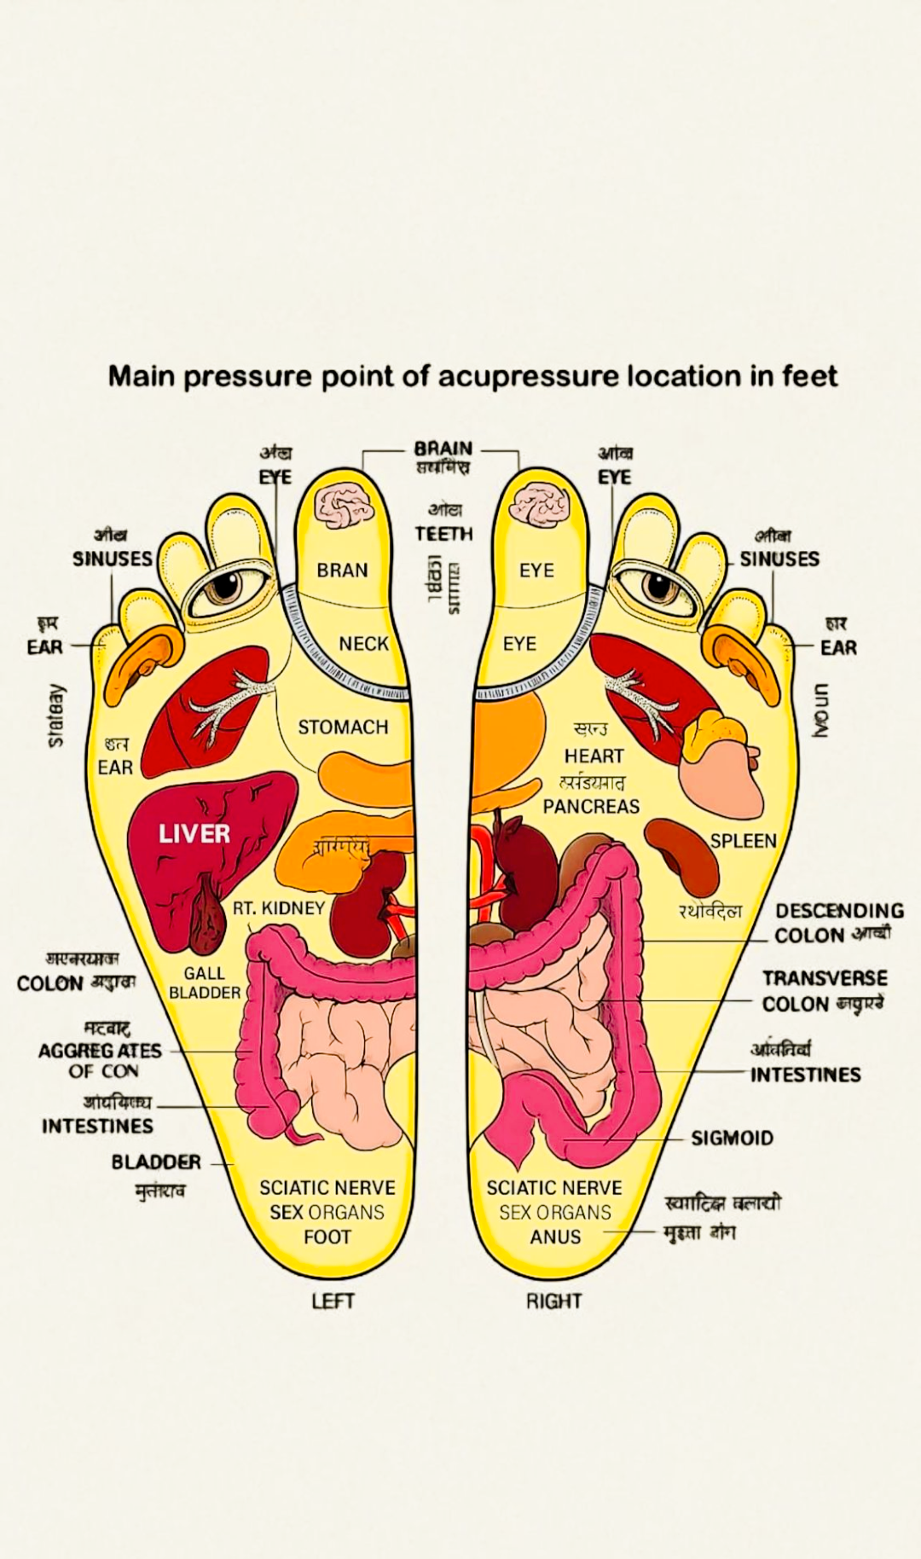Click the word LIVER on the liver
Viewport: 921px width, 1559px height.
[x=194, y=833]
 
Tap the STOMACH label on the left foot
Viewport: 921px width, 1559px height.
[x=343, y=727]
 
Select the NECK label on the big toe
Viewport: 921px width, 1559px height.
[x=363, y=644]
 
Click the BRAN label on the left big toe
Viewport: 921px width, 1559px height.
[x=342, y=570]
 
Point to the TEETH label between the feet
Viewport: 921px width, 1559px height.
[x=443, y=534]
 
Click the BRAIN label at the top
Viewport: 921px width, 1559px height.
[x=443, y=449]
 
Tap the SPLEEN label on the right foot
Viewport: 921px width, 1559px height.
[x=743, y=841]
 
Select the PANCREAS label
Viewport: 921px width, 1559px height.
[x=591, y=806]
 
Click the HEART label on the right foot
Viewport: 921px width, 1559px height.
[x=594, y=756]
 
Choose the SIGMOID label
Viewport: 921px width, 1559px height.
[x=732, y=1138]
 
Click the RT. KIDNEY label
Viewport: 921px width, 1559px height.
[x=279, y=907]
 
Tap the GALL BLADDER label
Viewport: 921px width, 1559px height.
[x=205, y=982]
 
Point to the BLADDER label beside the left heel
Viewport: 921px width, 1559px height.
[x=156, y=1162]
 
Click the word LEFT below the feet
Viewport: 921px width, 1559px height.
[x=333, y=1301]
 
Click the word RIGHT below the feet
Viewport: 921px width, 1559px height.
[x=553, y=1301]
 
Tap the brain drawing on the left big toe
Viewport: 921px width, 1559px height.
[x=345, y=505]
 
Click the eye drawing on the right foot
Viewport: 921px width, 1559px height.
[x=658, y=587]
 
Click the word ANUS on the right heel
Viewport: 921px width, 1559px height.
[x=555, y=1237]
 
